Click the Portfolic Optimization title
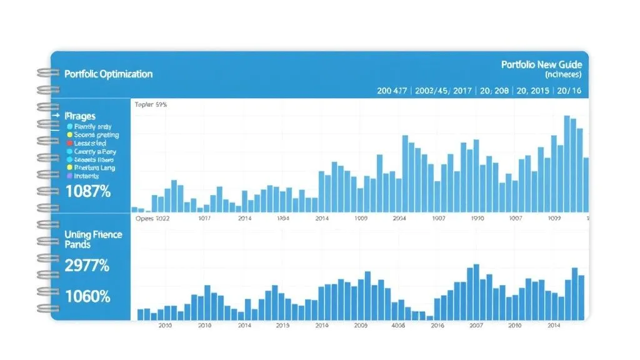tap(108, 74)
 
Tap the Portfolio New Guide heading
tap(541, 64)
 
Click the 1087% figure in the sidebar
tap(87, 192)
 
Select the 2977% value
tap(87, 266)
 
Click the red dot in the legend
tap(69, 143)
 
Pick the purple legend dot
tap(69, 176)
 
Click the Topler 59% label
tap(151, 105)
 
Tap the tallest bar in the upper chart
tap(567, 164)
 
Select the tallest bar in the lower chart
tap(476, 291)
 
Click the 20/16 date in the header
tap(569, 91)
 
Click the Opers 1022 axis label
tap(152, 219)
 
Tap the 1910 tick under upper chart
tap(477, 219)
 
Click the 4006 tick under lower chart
tap(398, 326)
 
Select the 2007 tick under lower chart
tap(476, 326)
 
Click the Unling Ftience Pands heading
tap(93, 239)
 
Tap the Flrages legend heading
tap(80, 116)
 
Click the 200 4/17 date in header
tap(392, 91)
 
